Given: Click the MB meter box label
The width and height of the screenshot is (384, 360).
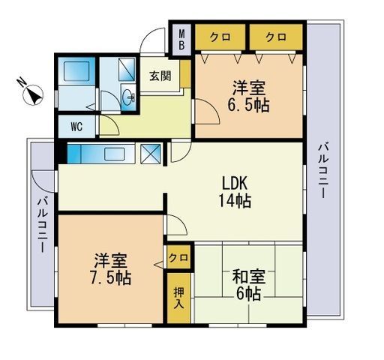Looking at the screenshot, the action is [x=182, y=40].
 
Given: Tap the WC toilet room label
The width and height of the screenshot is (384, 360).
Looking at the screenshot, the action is [x=76, y=127].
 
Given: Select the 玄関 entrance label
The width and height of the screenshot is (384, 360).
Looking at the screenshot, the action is [x=160, y=76].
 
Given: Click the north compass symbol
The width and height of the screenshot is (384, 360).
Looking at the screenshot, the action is [x=32, y=94].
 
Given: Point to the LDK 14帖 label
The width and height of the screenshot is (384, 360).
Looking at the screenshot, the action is [x=235, y=192].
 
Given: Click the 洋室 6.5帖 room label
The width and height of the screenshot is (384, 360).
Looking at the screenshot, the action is [x=248, y=96].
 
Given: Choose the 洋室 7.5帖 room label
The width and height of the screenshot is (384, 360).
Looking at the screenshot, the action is [x=110, y=269].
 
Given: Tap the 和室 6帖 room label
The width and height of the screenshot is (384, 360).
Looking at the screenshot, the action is [x=248, y=285].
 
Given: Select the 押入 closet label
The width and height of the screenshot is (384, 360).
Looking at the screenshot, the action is [x=178, y=298].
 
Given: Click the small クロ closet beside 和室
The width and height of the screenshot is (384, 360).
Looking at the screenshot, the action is [x=178, y=257].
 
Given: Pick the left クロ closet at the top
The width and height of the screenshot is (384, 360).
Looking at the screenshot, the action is [x=220, y=37].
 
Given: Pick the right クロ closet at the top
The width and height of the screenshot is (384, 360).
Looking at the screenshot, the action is [x=276, y=37].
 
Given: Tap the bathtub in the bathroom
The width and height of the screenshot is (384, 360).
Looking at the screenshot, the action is [x=76, y=71].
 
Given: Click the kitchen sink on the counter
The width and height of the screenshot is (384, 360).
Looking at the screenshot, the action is [x=115, y=154].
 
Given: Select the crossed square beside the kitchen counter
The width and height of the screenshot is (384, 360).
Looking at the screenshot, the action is [x=151, y=154].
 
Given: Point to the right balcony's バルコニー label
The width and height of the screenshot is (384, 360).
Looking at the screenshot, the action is [x=322, y=170].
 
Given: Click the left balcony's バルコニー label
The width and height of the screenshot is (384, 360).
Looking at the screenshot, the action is [x=42, y=225].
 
